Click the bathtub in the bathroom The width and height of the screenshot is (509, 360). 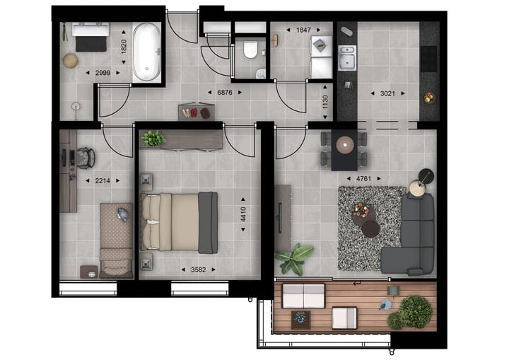pos(147,52)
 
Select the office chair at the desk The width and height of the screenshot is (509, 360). pos(85,156)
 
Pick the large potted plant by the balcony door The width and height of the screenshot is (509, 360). pos(296,257)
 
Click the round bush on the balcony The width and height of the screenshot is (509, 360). pos(414,311)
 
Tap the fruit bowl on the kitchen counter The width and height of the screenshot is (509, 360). pos(428,98)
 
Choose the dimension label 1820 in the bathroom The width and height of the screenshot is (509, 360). pos(124,47)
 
